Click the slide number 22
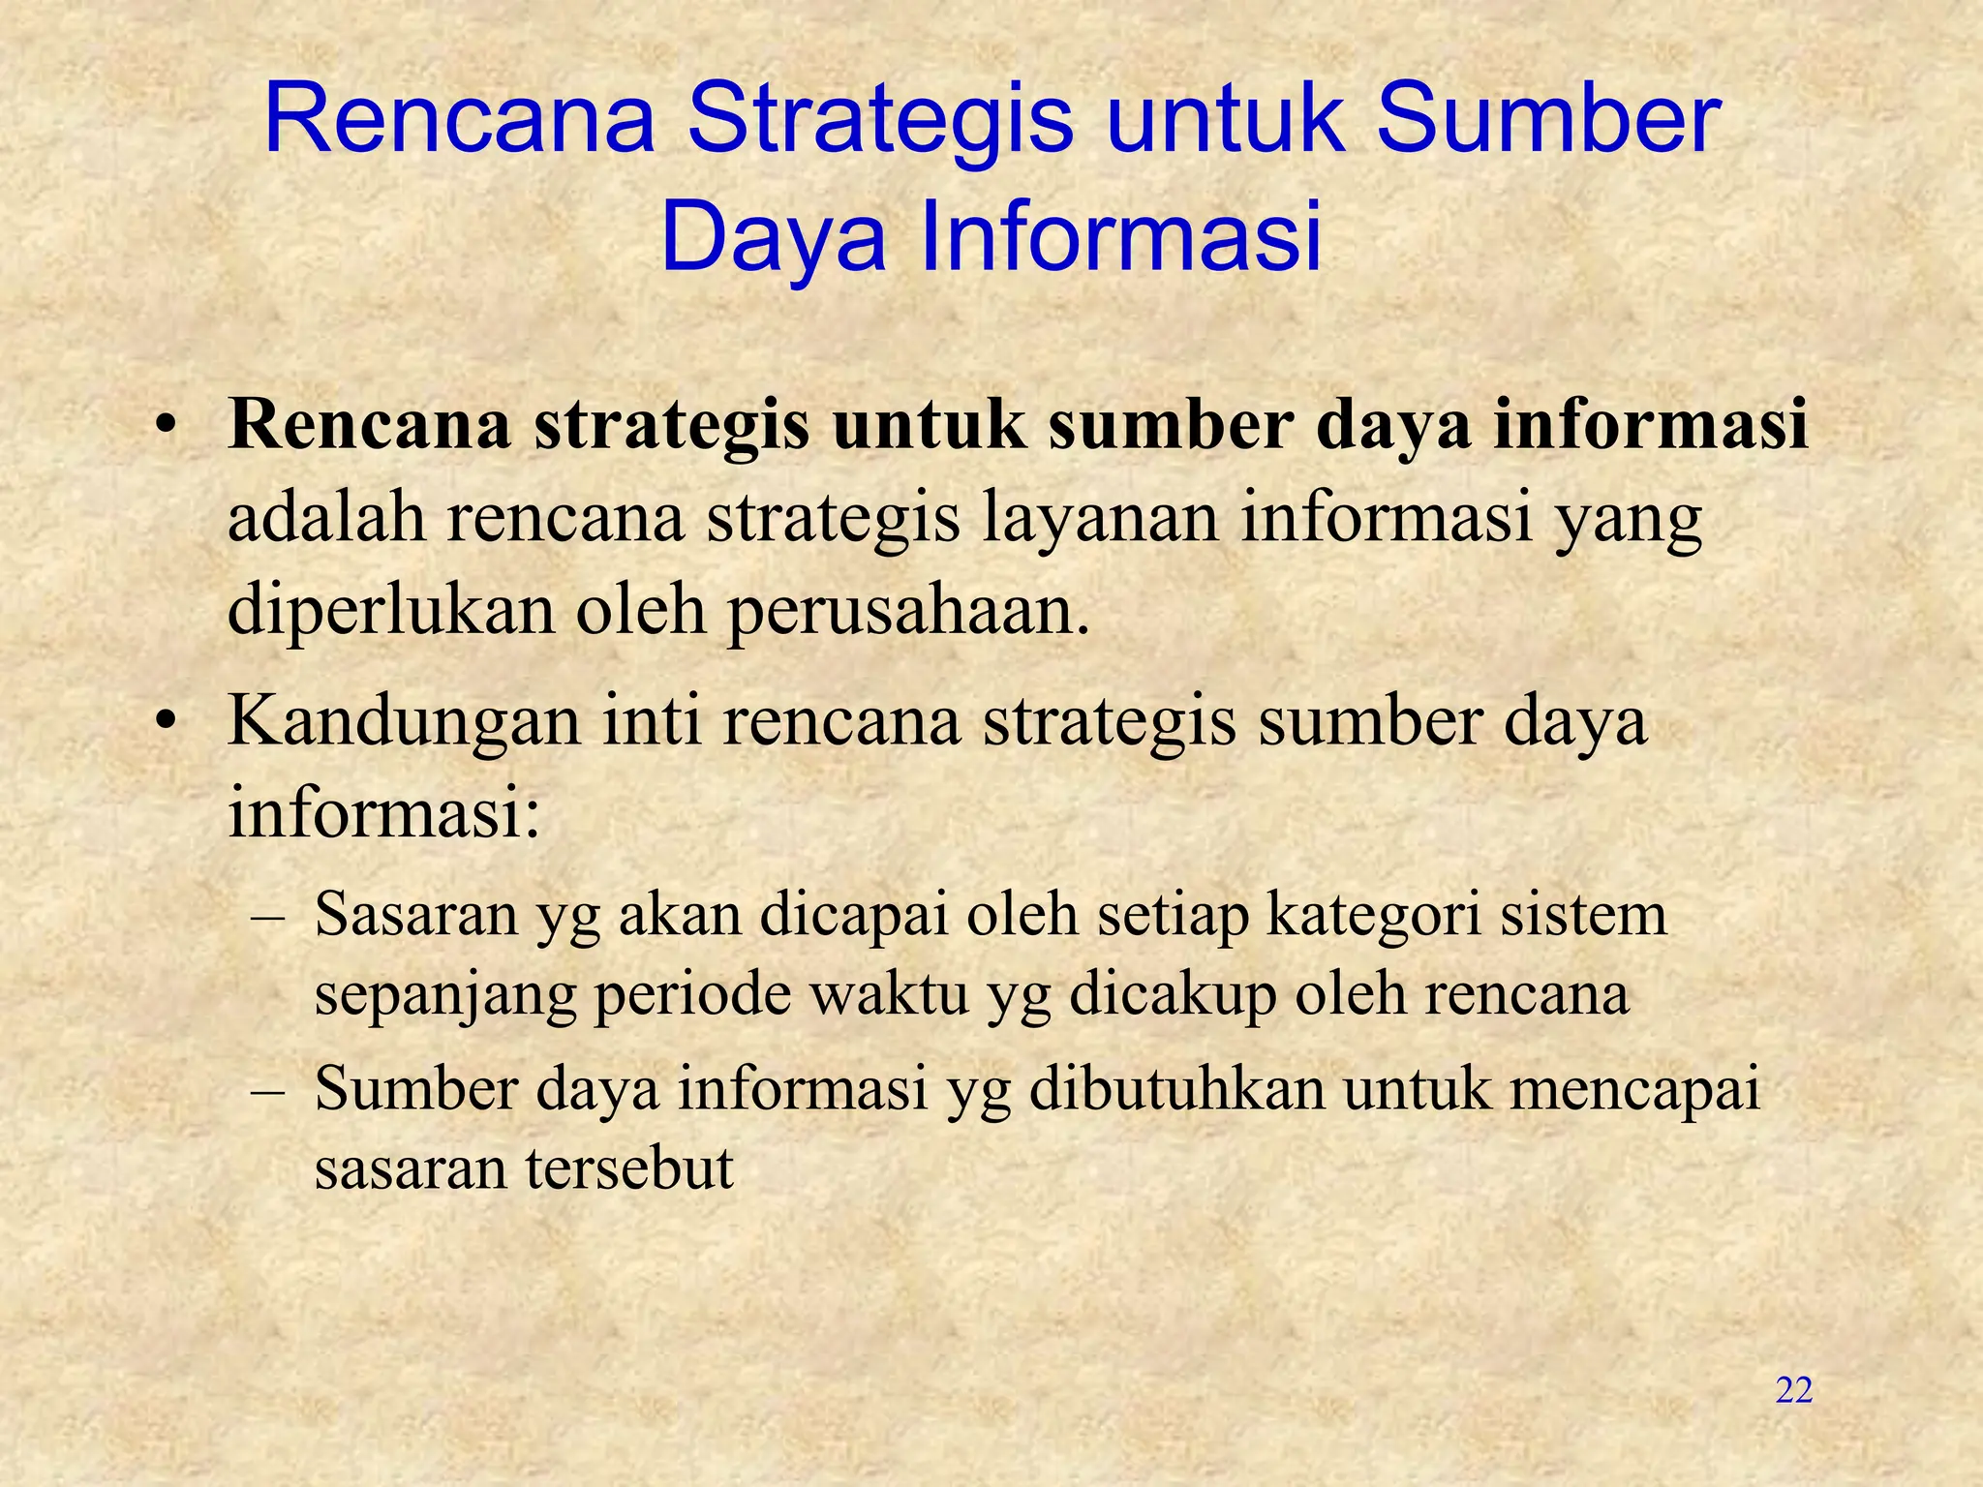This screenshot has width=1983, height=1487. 1793,1391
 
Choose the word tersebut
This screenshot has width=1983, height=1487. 630,1168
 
